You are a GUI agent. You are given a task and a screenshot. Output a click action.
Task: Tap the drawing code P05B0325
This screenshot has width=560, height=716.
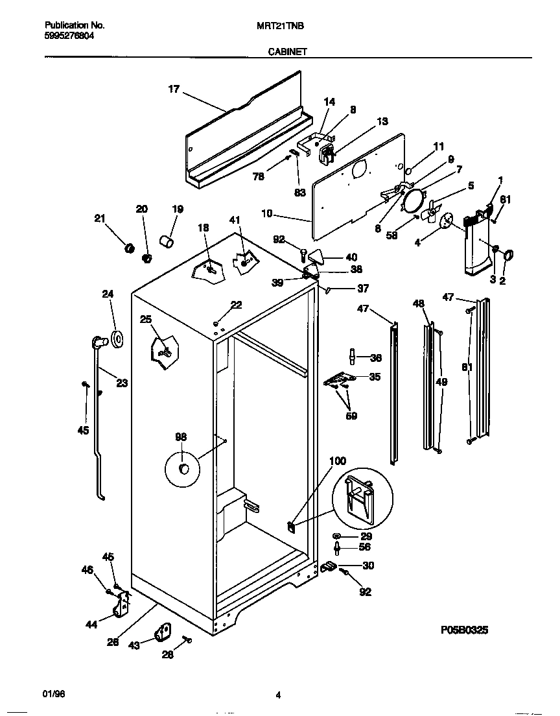[x=464, y=629]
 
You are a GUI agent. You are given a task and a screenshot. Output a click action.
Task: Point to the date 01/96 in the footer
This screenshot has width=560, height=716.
[x=54, y=694]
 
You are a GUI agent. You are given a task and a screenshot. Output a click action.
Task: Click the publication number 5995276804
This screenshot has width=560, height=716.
[x=69, y=36]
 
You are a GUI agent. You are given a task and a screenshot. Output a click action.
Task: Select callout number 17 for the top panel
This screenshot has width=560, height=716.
[x=173, y=89]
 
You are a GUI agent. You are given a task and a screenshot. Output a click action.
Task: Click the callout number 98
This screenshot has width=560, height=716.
[x=181, y=436]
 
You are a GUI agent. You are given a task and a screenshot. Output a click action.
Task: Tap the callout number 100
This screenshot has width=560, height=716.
[x=338, y=461]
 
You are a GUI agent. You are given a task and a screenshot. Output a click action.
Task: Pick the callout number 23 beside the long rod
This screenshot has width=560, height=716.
[x=122, y=383]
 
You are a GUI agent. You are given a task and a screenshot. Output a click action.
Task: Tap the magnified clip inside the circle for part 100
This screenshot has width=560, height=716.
[x=361, y=497]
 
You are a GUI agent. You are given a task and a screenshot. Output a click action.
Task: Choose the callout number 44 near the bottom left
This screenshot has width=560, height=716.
[x=91, y=624]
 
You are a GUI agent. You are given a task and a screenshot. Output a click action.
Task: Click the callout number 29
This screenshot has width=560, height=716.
[x=366, y=536]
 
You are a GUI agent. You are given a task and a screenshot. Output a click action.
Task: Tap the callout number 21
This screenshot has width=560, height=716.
[x=99, y=219]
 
